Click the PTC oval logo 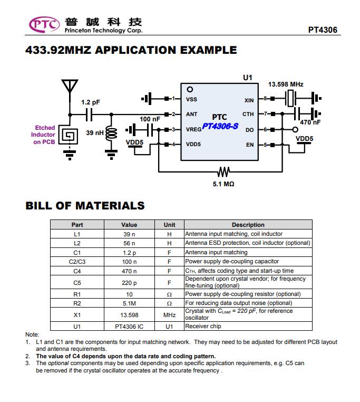(44, 25)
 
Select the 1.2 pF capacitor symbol (89, 114)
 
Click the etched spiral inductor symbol (68, 135)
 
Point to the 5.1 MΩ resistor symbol (223, 171)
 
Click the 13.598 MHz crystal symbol (290, 98)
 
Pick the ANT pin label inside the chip (191, 114)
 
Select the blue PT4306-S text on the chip (220, 126)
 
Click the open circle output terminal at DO (295, 130)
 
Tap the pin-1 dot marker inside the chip (190, 90)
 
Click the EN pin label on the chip (250, 145)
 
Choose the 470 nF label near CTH (310, 122)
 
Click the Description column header (248, 225)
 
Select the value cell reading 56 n (129, 243)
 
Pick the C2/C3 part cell (77, 262)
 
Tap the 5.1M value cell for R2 (129, 303)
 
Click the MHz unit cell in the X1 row (169, 315)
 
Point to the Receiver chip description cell (248, 326)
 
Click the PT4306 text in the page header (323, 30)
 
